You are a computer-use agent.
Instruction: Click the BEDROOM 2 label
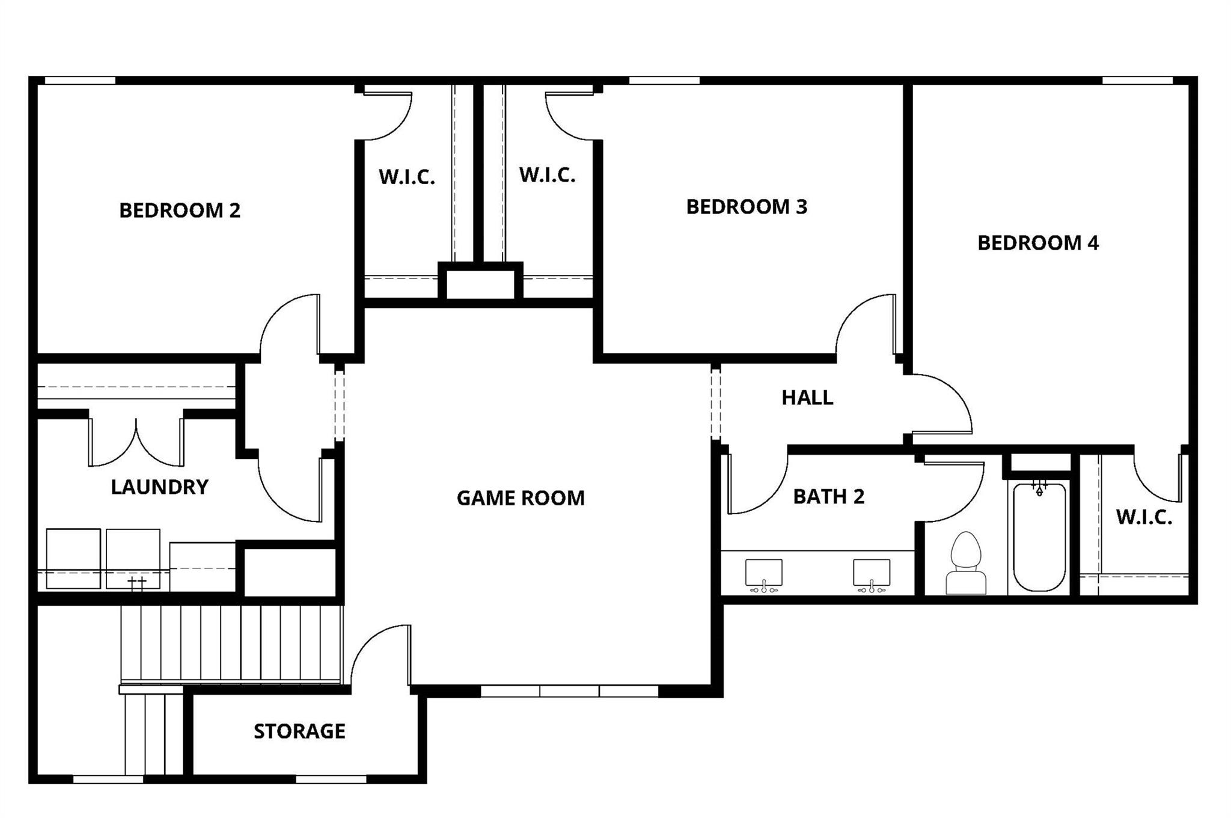[x=180, y=211]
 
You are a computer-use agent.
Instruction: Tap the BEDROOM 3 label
[x=747, y=207]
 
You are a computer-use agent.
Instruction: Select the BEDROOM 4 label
[x=1038, y=243]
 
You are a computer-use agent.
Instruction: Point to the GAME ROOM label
[x=521, y=498]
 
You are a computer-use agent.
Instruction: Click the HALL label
[x=807, y=398]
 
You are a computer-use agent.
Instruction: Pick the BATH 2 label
[x=829, y=497]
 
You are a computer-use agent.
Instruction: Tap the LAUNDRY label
[x=159, y=487]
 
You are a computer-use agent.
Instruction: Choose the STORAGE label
[x=299, y=731]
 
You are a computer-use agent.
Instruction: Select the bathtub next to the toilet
[x=1039, y=537]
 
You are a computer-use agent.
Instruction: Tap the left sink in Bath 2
[x=763, y=573]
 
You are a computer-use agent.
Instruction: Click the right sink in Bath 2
[x=872, y=573]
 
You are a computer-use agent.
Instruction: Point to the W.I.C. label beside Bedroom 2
[x=407, y=177]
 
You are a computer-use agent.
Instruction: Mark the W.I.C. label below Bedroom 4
[x=1144, y=517]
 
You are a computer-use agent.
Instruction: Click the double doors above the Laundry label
[x=136, y=442]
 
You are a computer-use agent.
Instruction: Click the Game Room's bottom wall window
[x=569, y=691]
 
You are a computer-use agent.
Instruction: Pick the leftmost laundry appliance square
[x=73, y=558]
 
